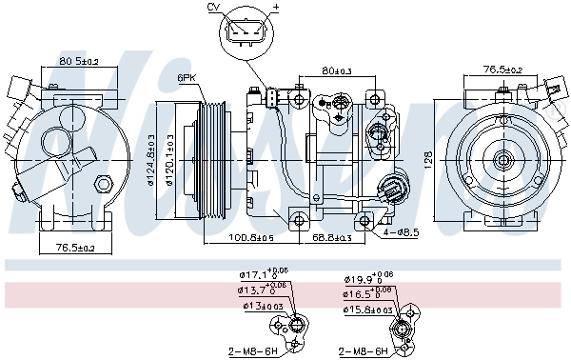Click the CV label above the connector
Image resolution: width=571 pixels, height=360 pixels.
coord(213,8)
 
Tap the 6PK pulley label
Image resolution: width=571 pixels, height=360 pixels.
coord(187,77)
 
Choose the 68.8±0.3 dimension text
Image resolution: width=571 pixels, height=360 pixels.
coord(332,237)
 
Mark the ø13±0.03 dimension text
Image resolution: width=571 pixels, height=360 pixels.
coord(260,307)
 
